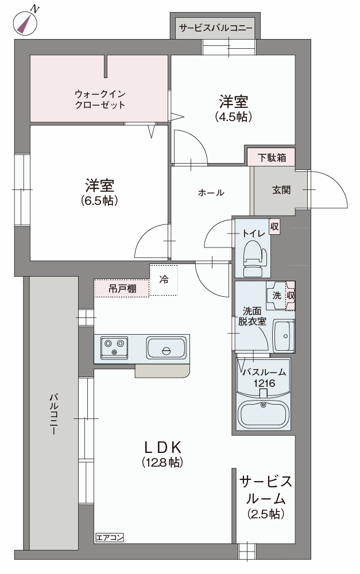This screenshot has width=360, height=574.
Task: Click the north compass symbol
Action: (24, 23)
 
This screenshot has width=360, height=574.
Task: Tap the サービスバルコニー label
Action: (215, 28)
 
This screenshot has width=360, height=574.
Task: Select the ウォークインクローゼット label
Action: (100, 99)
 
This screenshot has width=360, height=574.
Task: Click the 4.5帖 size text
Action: (234, 117)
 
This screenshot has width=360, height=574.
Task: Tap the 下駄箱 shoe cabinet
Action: (271, 157)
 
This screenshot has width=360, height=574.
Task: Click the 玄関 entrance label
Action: (281, 189)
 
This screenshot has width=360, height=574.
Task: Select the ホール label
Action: (211, 193)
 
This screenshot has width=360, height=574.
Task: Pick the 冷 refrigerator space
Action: (164, 280)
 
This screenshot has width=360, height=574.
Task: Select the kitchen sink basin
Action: (166, 348)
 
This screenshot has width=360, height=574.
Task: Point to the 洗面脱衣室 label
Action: (252, 316)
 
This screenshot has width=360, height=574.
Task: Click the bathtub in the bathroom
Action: (263, 412)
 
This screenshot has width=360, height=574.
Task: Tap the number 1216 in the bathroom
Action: (263, 383)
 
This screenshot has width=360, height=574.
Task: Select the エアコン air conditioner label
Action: (110, 538)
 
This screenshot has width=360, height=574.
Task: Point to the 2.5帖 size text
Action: (266, 514)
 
